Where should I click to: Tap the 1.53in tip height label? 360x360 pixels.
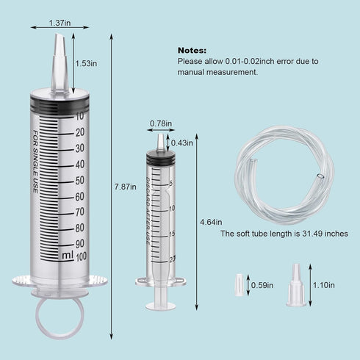[x=87, y=64]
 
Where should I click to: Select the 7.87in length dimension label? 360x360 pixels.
[x=126, y=187]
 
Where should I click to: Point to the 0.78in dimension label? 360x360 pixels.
[x=161, y=123]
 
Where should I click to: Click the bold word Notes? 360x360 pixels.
[x=192, y=49]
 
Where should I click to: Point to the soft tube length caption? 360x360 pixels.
[x=284, y=234]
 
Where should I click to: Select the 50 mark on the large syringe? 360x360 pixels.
[x=79, y=179]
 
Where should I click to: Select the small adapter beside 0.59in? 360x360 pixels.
[x=238, y=285]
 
